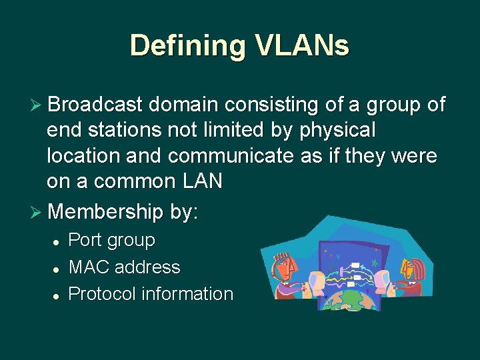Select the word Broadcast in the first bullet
[x=95, y=105]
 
